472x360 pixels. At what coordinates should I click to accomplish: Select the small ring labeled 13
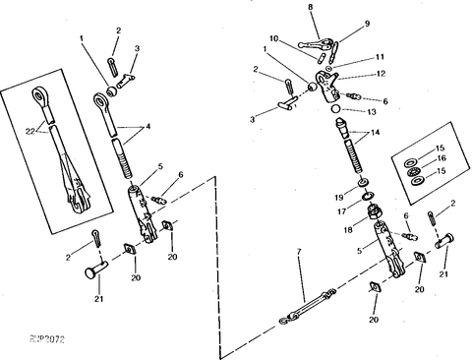[335, 108]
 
